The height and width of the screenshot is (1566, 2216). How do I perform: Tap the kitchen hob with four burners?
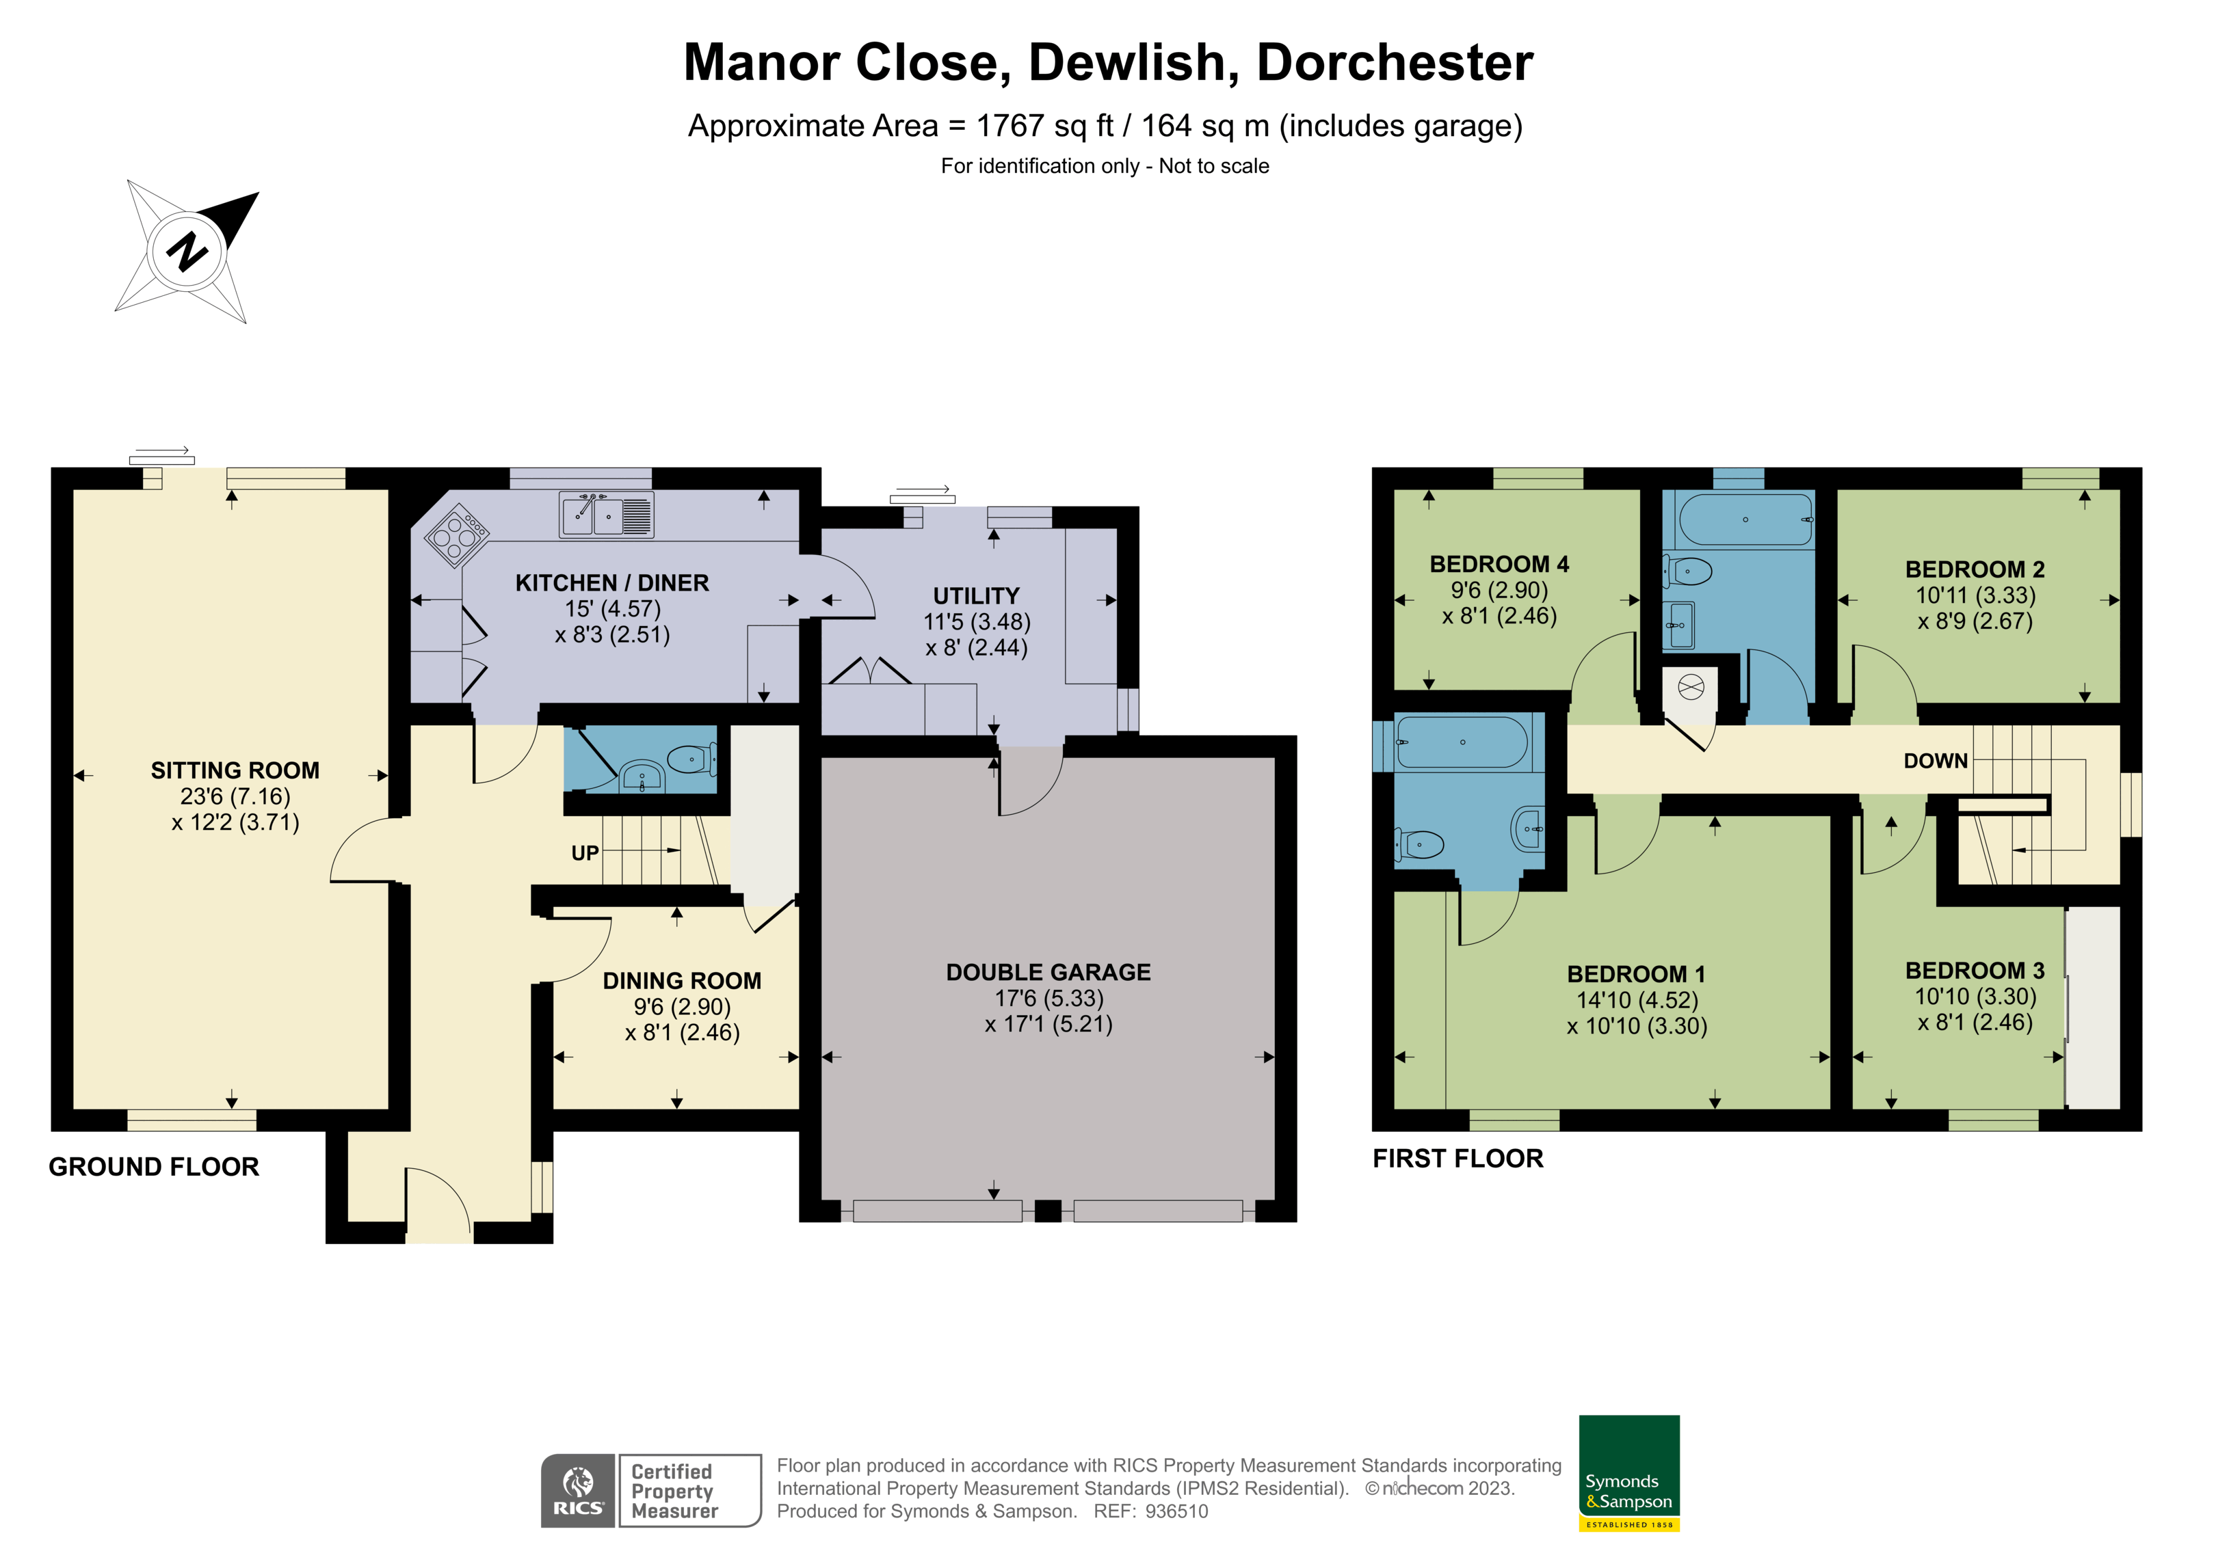pyautogui.click(x=456, y=535)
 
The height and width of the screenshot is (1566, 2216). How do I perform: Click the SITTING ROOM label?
pyautogui.click(x=235, y=770)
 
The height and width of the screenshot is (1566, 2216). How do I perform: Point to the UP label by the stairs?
pyautogui.click(x=585, y=853)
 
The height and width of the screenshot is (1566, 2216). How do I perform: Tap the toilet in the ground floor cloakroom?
pyautogui.click(x=693, y=760)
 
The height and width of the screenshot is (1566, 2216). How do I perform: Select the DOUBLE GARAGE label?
pyautogui.click(x=1048, y=971)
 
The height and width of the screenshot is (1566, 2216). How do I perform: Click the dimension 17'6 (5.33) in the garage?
pyautogui.click(x=1048, y=998)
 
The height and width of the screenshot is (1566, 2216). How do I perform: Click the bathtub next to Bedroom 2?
pyautogui.click(x=1746, y=520)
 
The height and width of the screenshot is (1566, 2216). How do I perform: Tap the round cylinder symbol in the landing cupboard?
pyautogui.click(x=1691, y=687)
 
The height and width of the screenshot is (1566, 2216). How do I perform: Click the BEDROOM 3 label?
pyautogui.click(x=1975, y=970)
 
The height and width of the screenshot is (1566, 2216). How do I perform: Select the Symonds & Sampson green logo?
pyautogui.click(x=1629, y=1472)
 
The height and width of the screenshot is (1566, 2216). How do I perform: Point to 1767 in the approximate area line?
pyautogui.click(x=1010, y=126)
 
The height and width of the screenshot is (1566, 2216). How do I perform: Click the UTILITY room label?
pyautogui.click(x=976, y=595)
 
